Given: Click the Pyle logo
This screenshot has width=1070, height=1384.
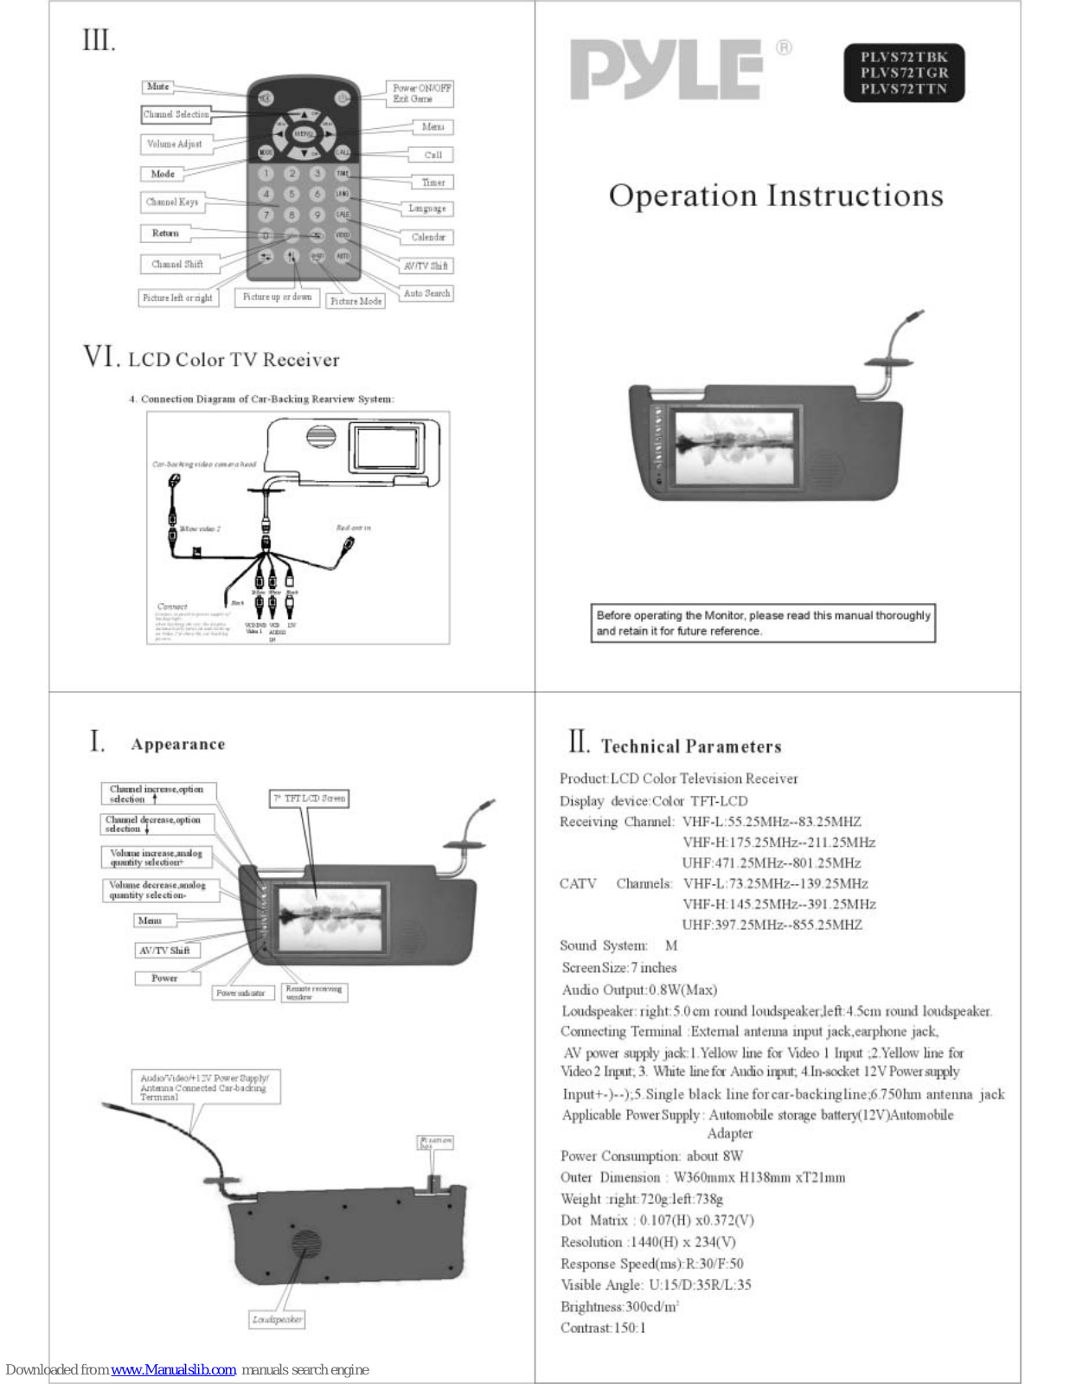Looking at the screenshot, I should [666, 69].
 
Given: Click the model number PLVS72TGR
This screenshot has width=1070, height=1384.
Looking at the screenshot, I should [904, 74].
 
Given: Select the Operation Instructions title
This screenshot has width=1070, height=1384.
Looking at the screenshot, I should [776, 195].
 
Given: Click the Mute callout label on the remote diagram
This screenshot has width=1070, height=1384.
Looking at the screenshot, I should [157, 86].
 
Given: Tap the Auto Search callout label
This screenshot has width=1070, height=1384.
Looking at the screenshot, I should [426, 293].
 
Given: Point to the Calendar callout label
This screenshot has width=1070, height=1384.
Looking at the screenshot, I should [428, 237].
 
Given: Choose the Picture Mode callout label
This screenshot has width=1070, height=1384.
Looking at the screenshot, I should [356, 301].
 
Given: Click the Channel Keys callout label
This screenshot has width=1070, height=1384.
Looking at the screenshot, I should [172, 202].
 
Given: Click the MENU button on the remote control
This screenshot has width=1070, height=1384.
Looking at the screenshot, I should [304, 134].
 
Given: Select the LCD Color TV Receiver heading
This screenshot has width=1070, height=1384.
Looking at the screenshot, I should [234, 360].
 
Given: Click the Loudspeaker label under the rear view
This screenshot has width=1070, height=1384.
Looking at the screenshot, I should [277, 1319].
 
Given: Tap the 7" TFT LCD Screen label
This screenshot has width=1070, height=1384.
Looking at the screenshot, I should [310, 798].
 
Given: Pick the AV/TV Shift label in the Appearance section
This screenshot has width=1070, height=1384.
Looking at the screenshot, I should [164, 950].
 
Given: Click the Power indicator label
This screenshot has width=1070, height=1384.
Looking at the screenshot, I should [241, 993].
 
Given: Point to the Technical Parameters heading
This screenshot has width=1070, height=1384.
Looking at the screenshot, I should [691, 746].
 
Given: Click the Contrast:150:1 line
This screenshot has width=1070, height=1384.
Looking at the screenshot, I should [603, 1328].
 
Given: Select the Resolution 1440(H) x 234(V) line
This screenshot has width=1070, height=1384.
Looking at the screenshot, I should [648, 1242].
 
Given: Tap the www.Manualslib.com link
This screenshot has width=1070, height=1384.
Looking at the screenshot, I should [173, 1369].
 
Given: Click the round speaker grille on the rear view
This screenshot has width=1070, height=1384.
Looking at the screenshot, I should [305, 1245].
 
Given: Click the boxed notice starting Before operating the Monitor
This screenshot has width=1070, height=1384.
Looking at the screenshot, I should [763, 623].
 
